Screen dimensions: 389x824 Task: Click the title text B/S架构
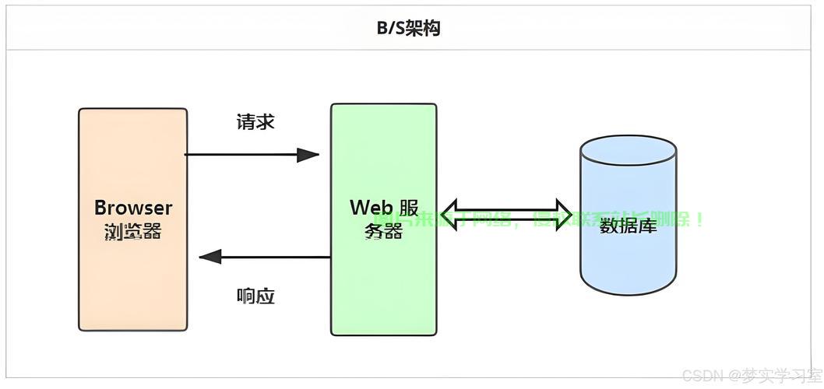pos(409,29)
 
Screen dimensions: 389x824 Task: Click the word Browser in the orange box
pos(132,208)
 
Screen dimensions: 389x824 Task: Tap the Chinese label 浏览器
pos(132,231)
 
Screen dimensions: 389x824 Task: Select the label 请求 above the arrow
pos(255,122)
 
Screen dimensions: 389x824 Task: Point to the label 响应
pos(255,296)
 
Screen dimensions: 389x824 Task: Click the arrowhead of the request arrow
pos(308,155)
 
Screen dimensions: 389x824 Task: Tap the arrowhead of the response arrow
pos(210,257)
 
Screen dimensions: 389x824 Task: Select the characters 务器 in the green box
pos(383,231)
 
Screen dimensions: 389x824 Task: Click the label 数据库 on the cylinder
pos(628,226)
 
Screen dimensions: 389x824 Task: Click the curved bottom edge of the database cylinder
pos(628,293)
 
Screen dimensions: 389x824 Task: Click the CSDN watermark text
pos(702,376)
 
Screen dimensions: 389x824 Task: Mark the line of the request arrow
pos(241,155)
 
